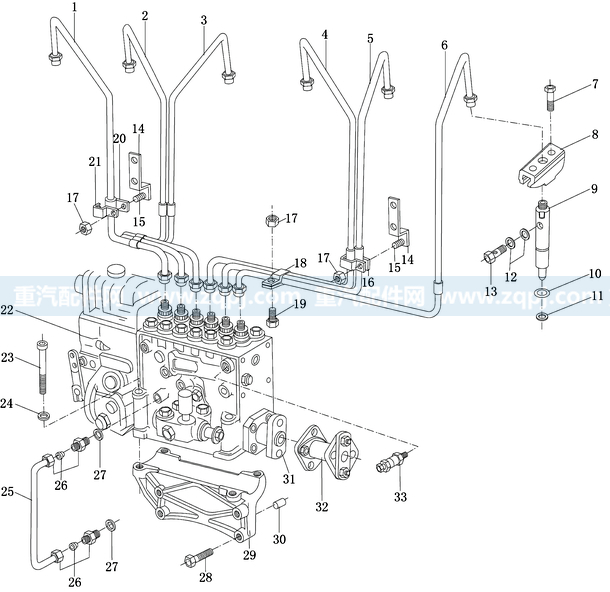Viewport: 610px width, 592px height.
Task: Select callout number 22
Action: (8, 312)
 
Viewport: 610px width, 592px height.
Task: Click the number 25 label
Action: (8, 491)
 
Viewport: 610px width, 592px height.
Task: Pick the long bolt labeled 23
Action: (41, 367)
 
